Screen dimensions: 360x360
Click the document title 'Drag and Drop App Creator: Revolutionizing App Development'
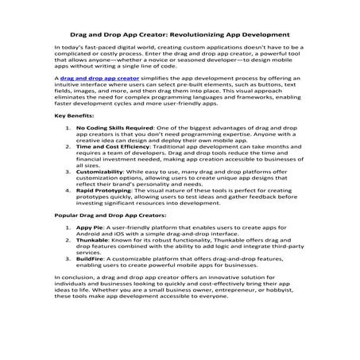[180, 35]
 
